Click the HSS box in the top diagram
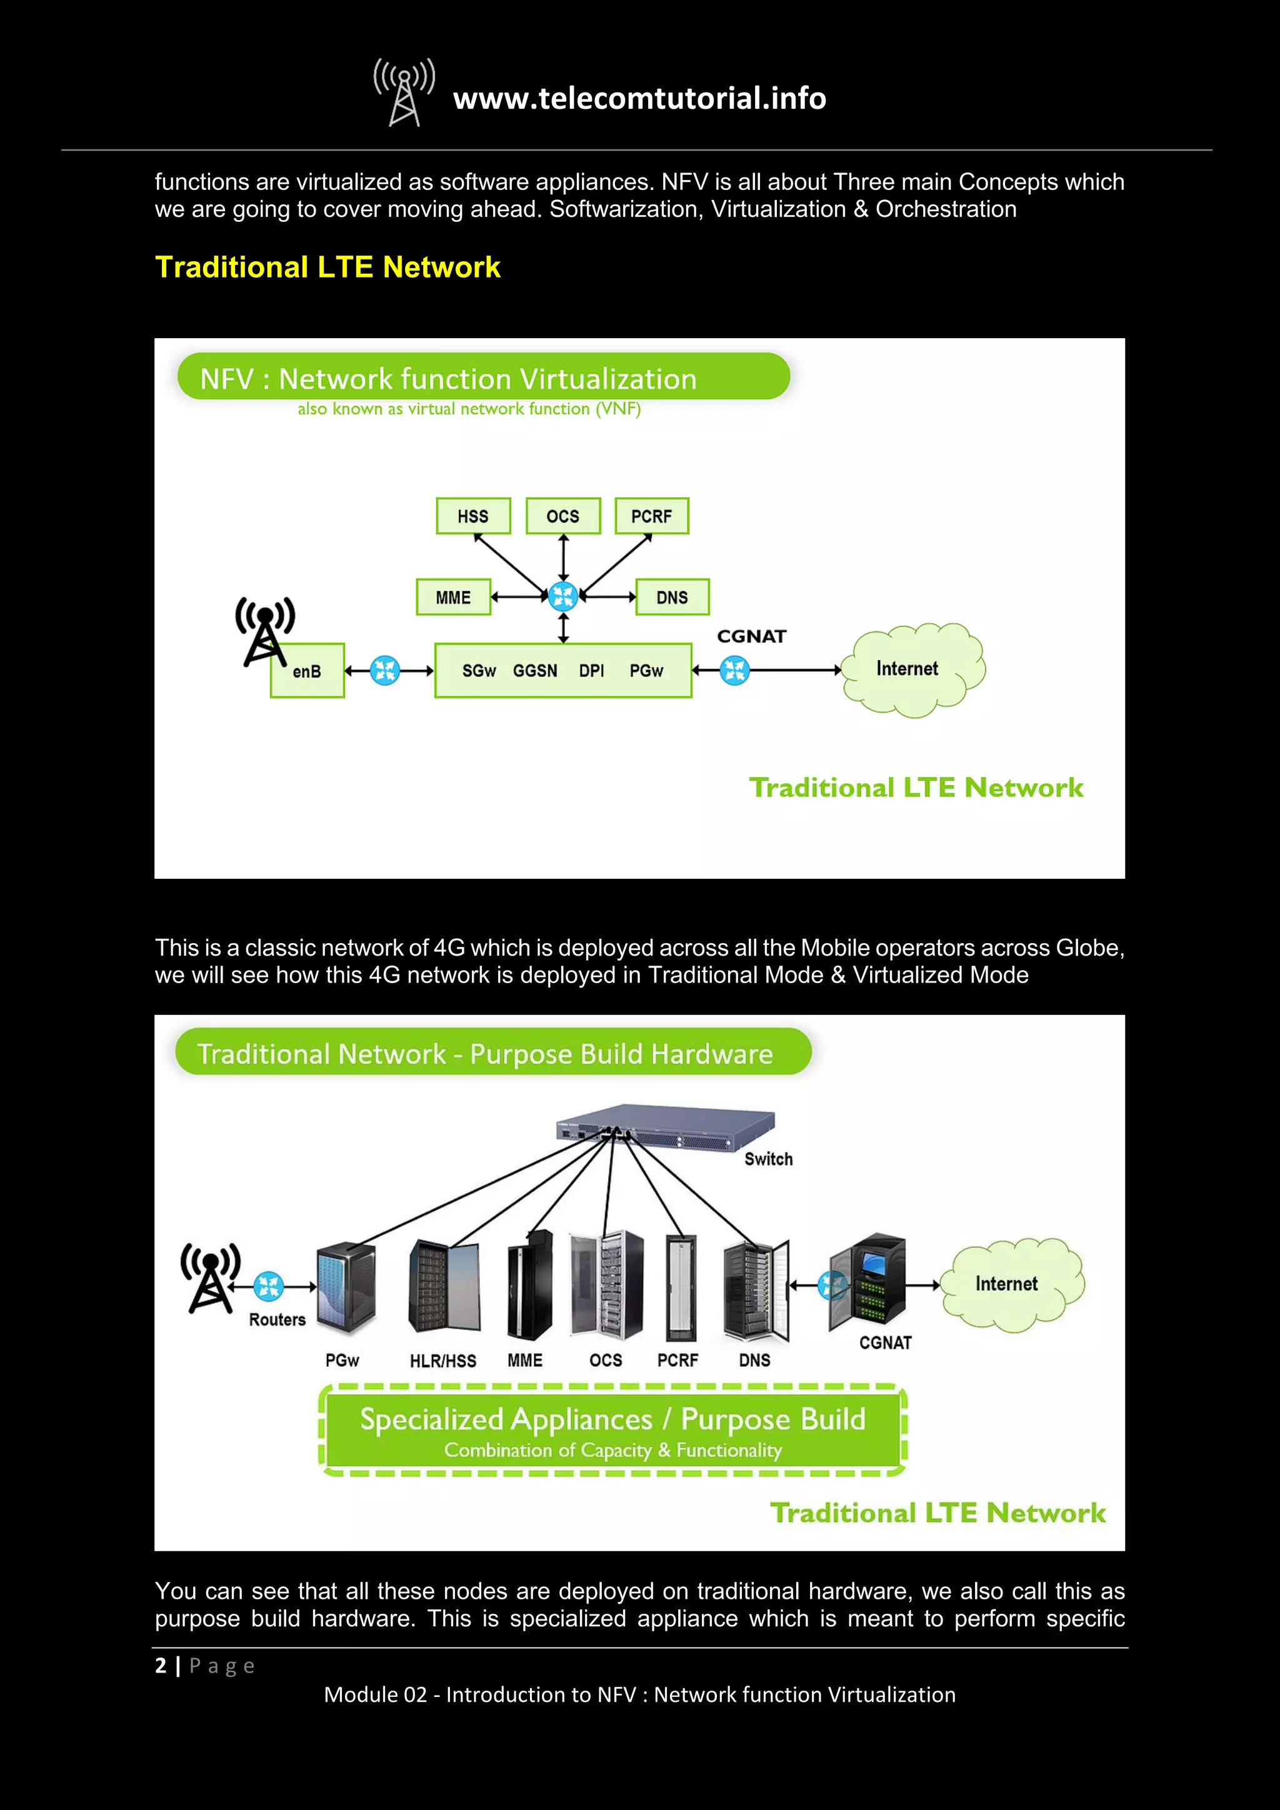pos(473,516)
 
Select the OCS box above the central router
pos(562,516)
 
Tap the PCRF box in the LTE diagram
pos(651,516)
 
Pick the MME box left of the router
pos(453,597)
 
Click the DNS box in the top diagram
pos(671,597)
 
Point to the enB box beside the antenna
pos(307,671)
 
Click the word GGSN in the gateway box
pos(534,671)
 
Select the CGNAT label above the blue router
pos(751,636)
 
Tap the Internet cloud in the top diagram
pos(912,669)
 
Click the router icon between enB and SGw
pos(384,671)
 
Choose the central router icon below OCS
pos(562,597)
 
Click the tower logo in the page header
pos(404,93)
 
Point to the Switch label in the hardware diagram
pos(769,1159)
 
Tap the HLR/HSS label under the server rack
pos(443,1361)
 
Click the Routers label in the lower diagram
pos(277,1319)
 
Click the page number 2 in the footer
pos(161,1665)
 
